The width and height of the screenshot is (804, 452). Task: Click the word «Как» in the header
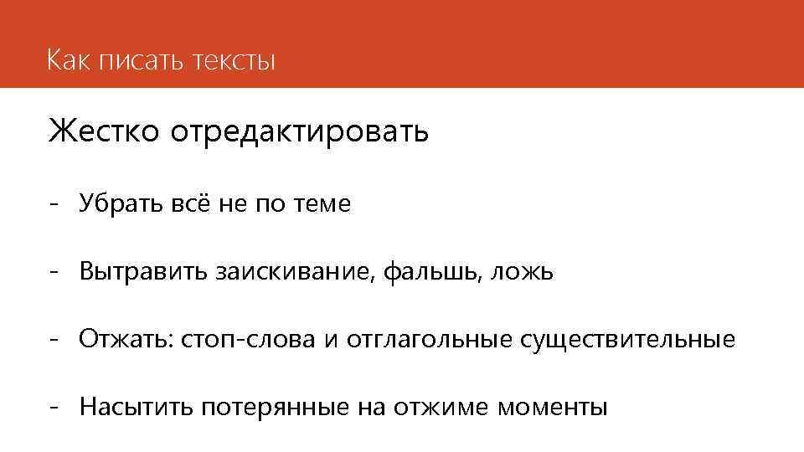tap(66, 61)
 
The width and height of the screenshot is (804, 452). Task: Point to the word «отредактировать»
tap(300, 131)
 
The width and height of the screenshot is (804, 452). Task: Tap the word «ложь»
tap(523, 271)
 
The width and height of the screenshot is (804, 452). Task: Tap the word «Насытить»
tap(137, 408)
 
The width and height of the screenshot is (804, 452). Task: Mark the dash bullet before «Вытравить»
tap(54, 273)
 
